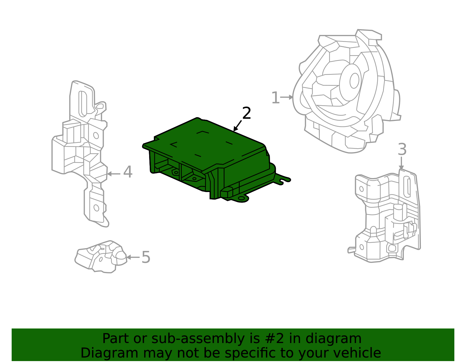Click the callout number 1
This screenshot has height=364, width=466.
tap(275, 98)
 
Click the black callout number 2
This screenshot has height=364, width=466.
tap(246, 113)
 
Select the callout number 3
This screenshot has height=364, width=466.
tap(402, 150)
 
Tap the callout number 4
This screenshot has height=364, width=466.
tap(128, 172)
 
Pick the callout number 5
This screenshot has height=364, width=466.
tap(146, 257)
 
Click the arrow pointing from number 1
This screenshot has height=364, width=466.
tap(287, 97)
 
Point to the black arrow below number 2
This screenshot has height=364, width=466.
tap(238, 126)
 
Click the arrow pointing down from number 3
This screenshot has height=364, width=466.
tap(401, 163)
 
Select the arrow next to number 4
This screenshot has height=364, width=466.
tap(114, 174)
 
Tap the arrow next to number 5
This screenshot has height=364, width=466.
tap(133, 257)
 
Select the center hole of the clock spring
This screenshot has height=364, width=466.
tap(354, 81)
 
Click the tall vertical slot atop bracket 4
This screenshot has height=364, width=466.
tap(83, 103)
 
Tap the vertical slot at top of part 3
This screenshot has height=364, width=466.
tap(408, 187)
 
